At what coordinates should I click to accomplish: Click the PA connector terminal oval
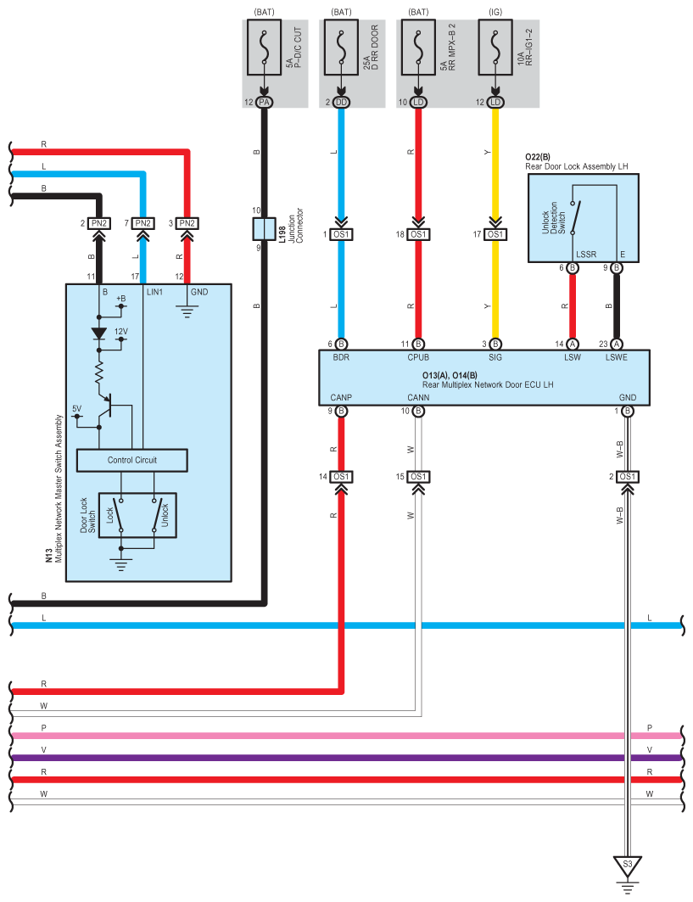point(265,103)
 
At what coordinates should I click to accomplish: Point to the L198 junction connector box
point(265,228)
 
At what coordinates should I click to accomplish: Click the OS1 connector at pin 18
point(418,234)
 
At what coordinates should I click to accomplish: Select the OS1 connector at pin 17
point(495,234)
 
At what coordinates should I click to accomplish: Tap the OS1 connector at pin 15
point(418,477)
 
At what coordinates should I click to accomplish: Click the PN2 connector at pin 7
point(143,223)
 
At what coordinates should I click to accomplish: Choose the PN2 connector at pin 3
point(188,223)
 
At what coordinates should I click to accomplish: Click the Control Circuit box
point(131,460)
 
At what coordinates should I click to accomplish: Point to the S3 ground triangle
point(627,866)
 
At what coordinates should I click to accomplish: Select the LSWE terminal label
point(617,358)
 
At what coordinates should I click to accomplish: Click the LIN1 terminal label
point(156,292)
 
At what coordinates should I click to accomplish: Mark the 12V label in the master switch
point(121,332)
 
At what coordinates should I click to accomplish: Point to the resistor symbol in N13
point(99,371)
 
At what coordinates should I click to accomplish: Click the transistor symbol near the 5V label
point(105,406)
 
